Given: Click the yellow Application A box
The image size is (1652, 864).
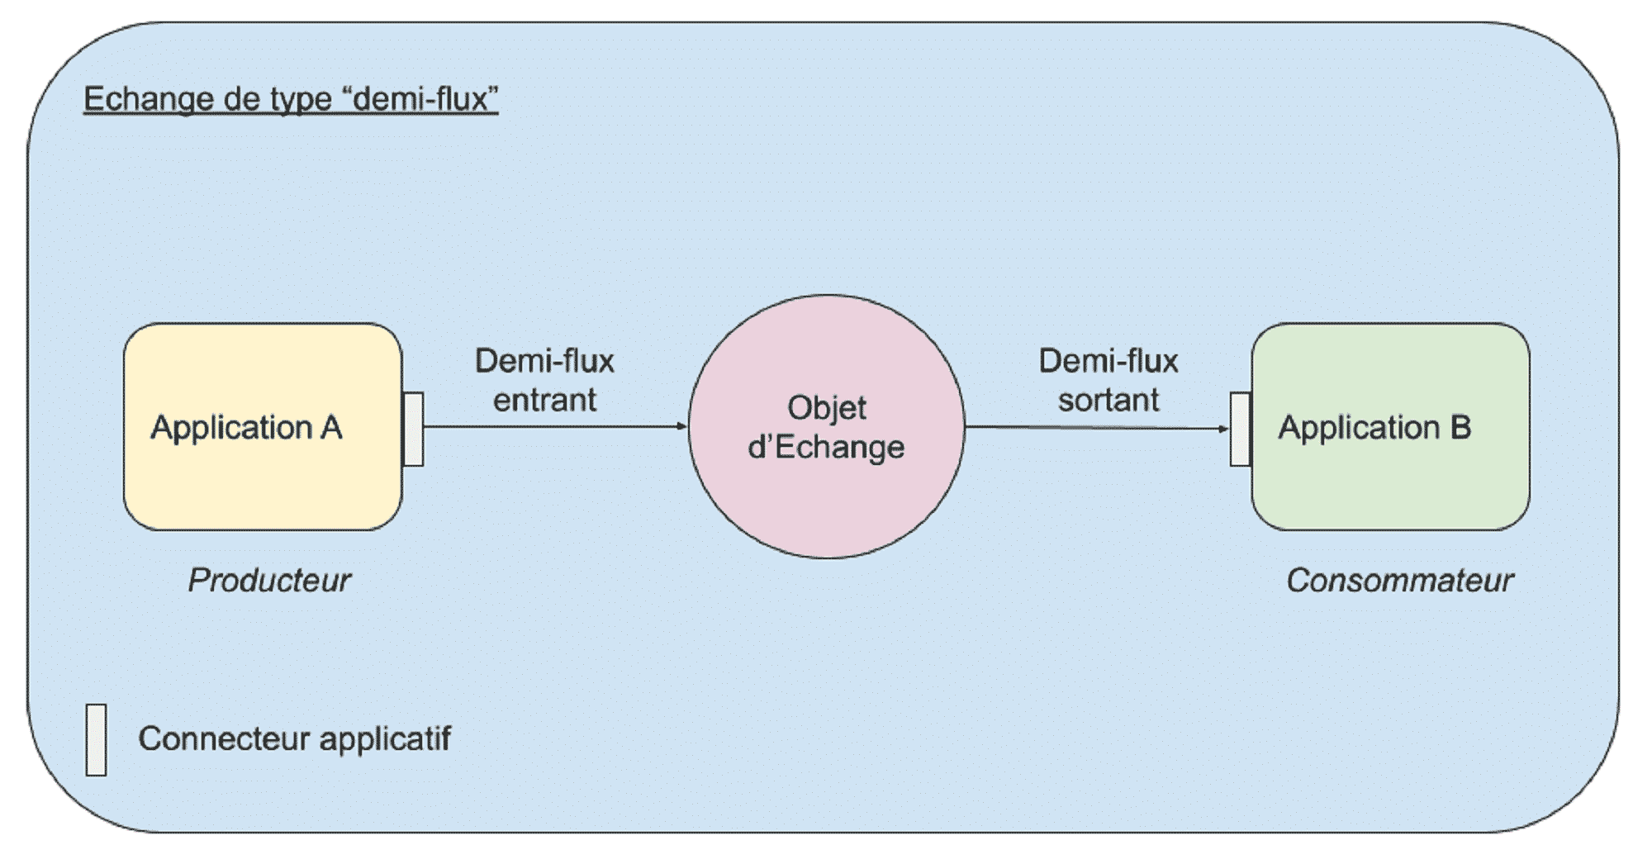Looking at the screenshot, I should click(x=263, y=479).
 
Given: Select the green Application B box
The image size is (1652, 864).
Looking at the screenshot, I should click(x=1390, y=483).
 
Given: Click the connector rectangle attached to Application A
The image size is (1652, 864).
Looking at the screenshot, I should click(x=414, y=429).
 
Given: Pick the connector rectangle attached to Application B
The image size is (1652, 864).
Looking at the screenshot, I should click(x=1241, y=429).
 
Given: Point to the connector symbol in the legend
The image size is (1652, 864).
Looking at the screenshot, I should click(x=96, y=740).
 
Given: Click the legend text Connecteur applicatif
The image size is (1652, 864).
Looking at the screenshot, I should click(x=294, y=738).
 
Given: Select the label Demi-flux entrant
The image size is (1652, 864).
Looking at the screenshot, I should click(x=544, y=380).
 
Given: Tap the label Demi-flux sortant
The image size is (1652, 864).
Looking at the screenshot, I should click(x=1108, y=380).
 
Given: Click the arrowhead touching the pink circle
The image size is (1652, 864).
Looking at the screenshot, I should click(x=682, y=426).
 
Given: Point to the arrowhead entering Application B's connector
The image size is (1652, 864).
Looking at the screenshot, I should click(x=1224, y=429).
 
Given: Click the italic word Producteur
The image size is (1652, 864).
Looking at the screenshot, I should click(x=269, y=581).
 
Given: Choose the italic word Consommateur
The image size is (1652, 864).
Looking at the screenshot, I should click(x=1399, y=581).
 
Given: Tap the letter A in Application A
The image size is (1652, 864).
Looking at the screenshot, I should click(x=330, y=428).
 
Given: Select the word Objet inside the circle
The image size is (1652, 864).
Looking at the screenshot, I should click(x=826, y=408).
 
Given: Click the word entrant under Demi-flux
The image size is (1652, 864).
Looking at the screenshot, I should click(x=544, y=401).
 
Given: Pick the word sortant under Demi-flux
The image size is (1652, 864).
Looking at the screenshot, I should click(x=1108, y=401).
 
